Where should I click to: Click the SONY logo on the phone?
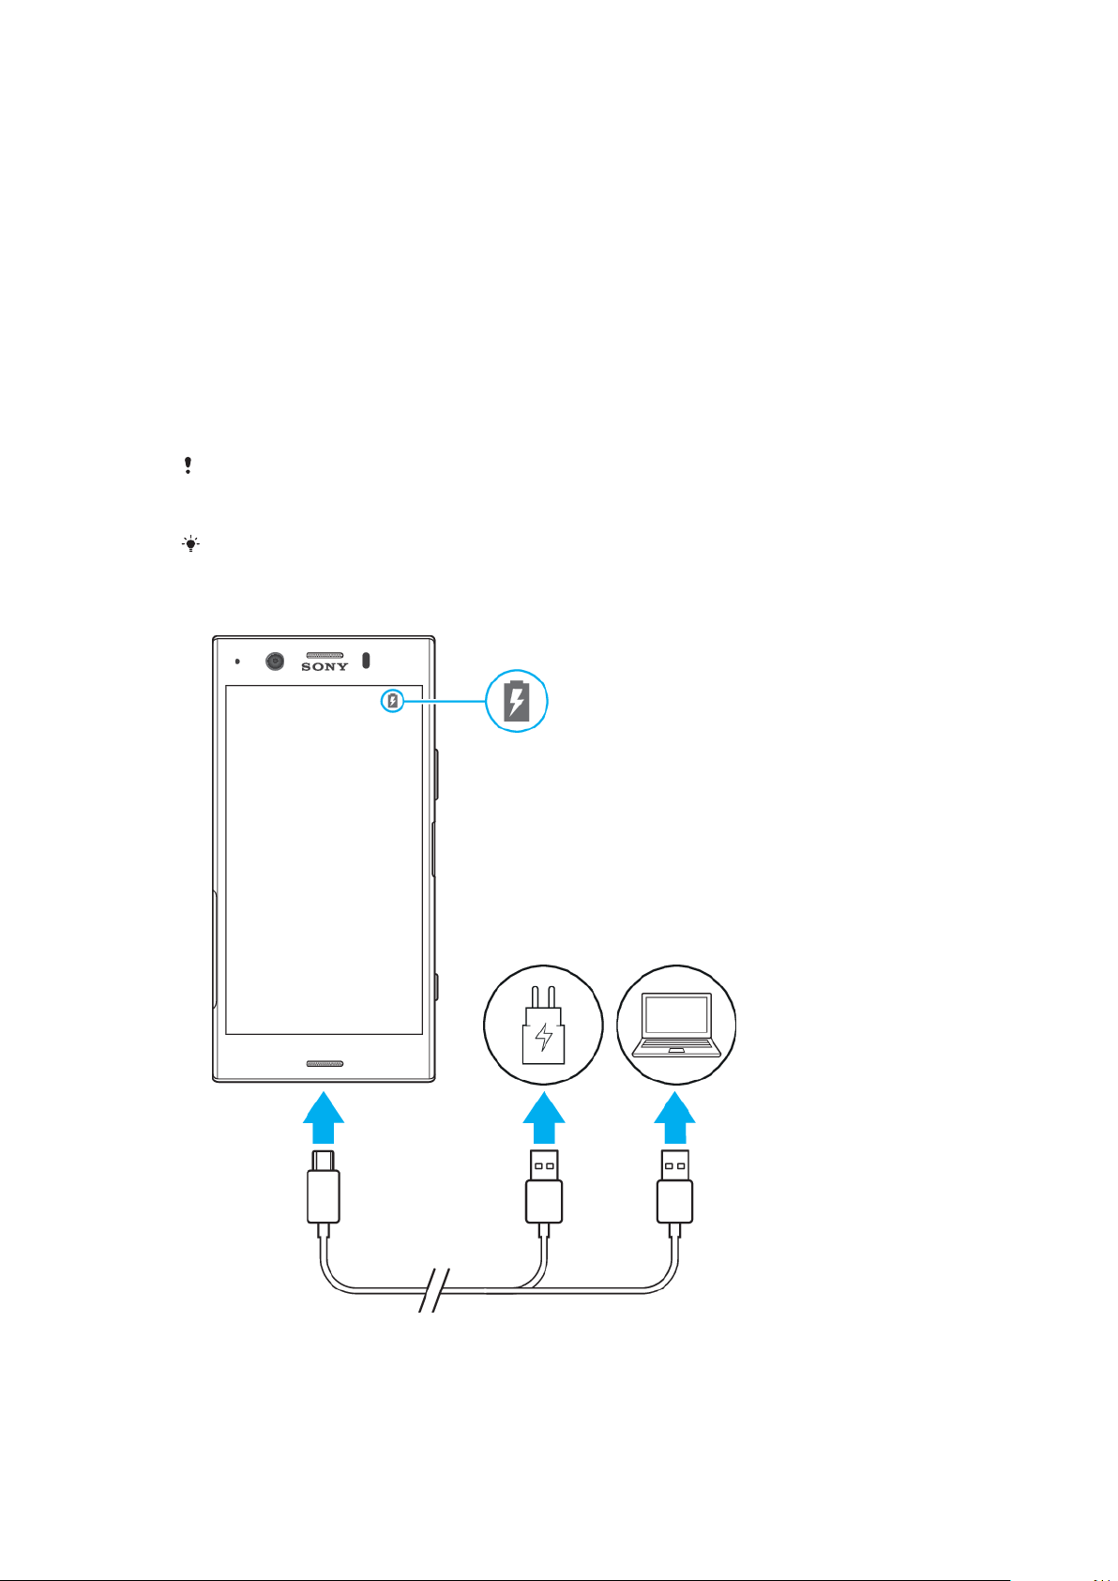(x=325, y=666)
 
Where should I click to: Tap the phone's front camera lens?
(x=275, y=661)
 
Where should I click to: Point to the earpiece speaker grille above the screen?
(x=325, y=655)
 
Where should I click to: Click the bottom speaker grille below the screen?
(x=325, y=1064)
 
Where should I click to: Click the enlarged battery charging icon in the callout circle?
(x=516, y=701)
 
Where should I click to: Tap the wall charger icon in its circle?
(x=542, y=1025)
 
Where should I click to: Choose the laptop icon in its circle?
(x=676, y=1025)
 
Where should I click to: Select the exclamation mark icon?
(x=188, y=465)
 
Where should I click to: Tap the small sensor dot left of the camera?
(x=237, y=661)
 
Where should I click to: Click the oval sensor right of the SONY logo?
(x=366, y=660)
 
